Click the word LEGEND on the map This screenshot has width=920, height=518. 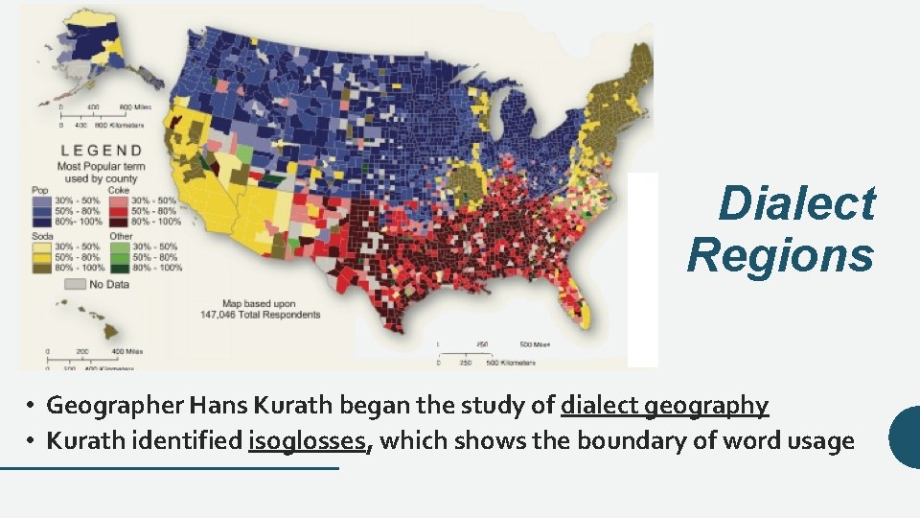[102, 151]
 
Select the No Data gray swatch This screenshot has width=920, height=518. [74, 284]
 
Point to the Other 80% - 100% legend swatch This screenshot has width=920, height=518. [120, 268]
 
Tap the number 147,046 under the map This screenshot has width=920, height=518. [222, 314]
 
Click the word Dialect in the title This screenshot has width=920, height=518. [796, 204]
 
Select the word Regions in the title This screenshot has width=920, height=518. [780, 256]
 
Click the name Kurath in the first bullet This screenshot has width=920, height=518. [292, 406]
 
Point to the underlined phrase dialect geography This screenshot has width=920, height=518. [664, 406]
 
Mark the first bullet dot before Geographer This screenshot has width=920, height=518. [31, 407]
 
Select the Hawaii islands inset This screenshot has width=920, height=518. [91, 321]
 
